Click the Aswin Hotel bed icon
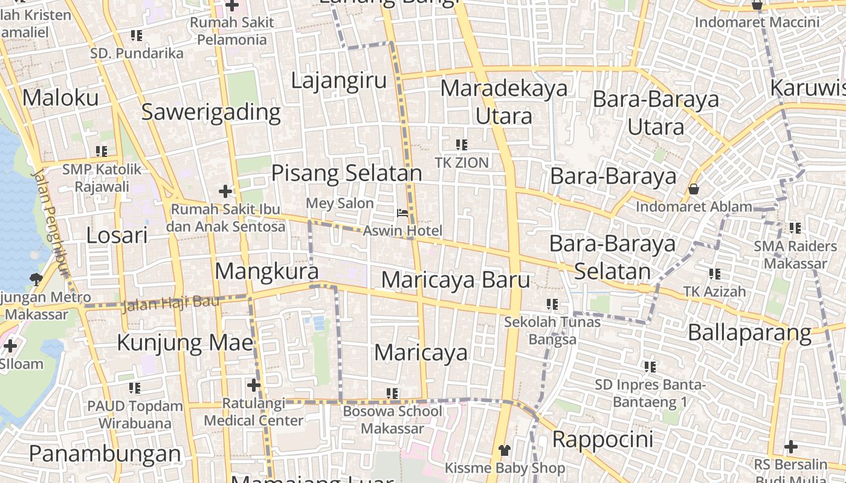(x=402, y=213)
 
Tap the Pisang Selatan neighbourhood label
(x=346, y=173)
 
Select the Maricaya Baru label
(x=456, y=280)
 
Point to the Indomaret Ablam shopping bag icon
(x=694, y=189)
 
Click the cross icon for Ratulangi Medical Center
(x=253, y=385)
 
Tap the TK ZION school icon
(x=462, y=145)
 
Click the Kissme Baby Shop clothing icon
(x=505, y=450)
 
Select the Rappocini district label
(x=602, y=439)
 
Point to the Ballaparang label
(x=749, y=333)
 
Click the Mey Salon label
(x=340, y=203)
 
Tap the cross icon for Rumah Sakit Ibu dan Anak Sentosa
(x=225, y=192)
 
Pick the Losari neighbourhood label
(x=117, y=235)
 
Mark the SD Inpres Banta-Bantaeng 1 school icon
(x=650, y=366)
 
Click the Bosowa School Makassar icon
(x=392, y=394)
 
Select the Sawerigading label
(x=211, y=112)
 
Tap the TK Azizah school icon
(x=715, y=274)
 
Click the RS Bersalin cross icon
(x=791, y=447)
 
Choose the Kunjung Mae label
(x=184, y=343)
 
